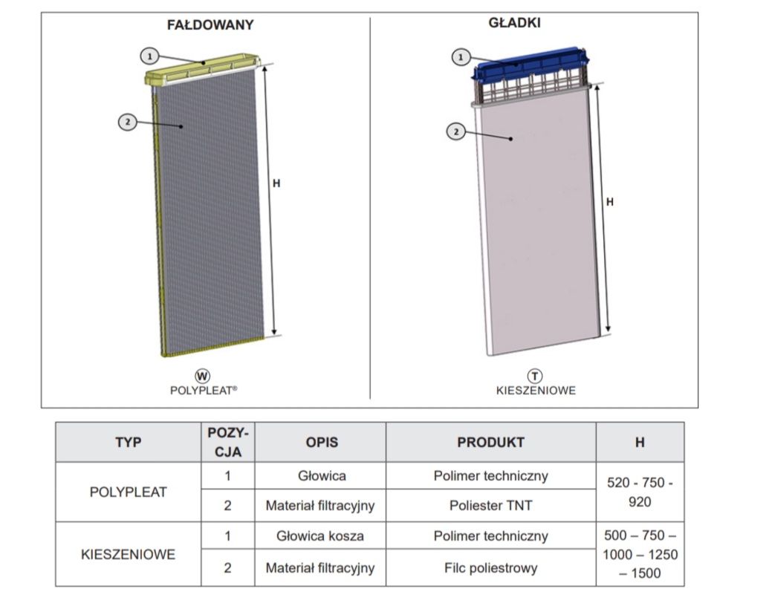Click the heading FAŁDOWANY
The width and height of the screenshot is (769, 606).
[210, 25]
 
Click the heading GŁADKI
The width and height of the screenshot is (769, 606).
[514, 23]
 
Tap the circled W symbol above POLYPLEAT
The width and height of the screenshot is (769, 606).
[202, 376]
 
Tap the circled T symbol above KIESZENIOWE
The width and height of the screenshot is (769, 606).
[535, 377]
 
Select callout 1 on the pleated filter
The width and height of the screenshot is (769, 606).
[149, 55]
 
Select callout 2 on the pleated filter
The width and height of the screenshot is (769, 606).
[128, 122]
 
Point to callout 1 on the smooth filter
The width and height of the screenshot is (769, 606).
[461, 56]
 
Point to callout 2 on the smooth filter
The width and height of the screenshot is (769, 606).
[455, 132]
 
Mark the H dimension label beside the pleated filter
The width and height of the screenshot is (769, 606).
[276, 183]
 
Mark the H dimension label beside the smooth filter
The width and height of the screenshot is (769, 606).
[610, 201]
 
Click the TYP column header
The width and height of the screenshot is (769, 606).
[128, 443]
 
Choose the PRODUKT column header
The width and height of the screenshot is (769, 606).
[490, 443]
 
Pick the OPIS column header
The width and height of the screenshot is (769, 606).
[321, 443]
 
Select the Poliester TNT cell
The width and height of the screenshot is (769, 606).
[490, 506]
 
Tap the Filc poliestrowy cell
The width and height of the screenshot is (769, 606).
[490, 568]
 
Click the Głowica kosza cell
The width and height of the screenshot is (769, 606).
[320, 536]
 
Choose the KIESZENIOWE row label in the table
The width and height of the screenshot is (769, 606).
[128, 554]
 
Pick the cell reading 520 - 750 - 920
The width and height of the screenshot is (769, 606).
[640, 492]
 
